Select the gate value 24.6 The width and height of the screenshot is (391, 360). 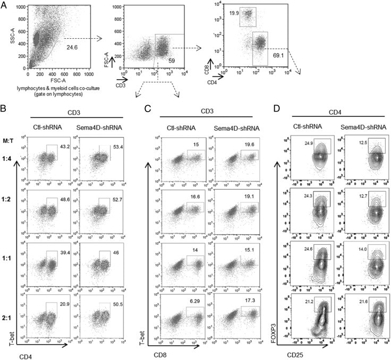click(x=70, y=48)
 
